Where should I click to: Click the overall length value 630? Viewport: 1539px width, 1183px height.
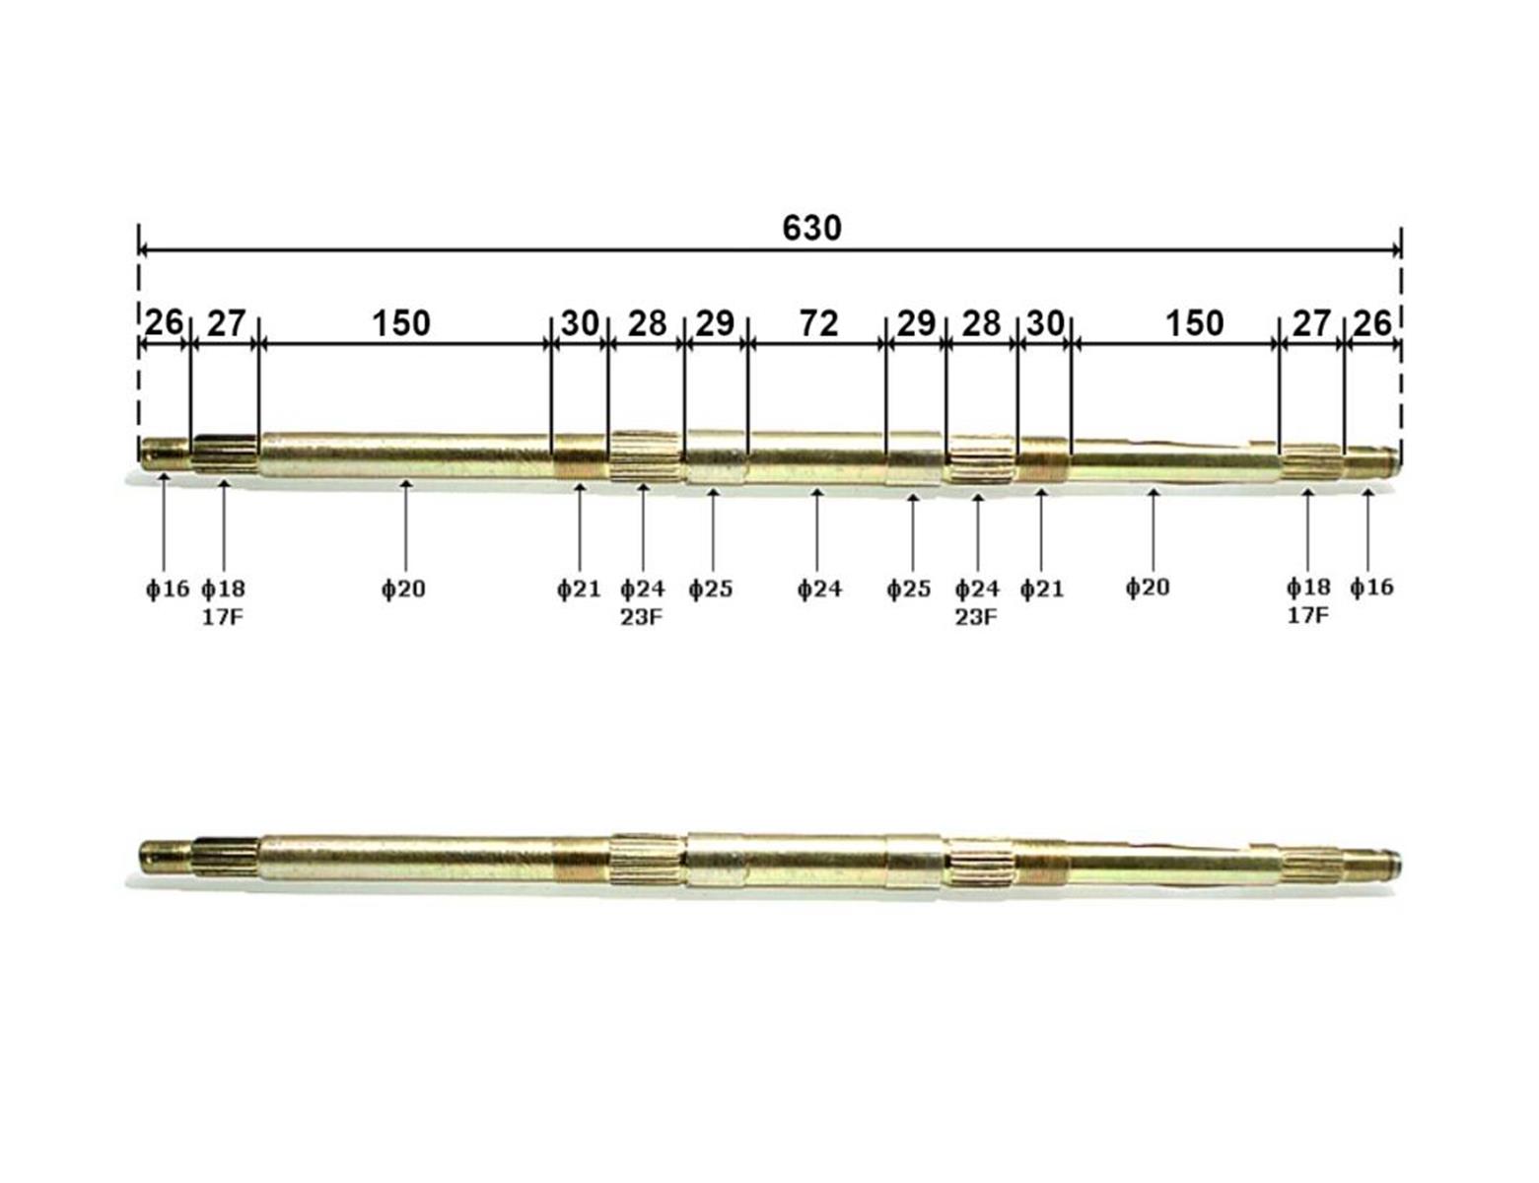[x=811, y=228]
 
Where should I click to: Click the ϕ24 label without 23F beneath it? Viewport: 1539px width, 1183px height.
[x=819, y=590]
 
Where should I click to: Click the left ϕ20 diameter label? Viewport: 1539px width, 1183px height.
[x=403, y=590]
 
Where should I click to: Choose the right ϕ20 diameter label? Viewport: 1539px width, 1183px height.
[x=1148, y=588]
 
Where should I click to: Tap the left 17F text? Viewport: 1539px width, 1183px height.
[x=223, y=618]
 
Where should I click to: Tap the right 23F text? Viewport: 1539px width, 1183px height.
[x=976, y=618]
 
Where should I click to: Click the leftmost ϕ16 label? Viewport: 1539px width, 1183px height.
[x=167, y=590]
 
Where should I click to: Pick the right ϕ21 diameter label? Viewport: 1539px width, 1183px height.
[x=1041, y=590]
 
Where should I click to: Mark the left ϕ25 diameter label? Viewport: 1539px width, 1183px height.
[x=710, y=590]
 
